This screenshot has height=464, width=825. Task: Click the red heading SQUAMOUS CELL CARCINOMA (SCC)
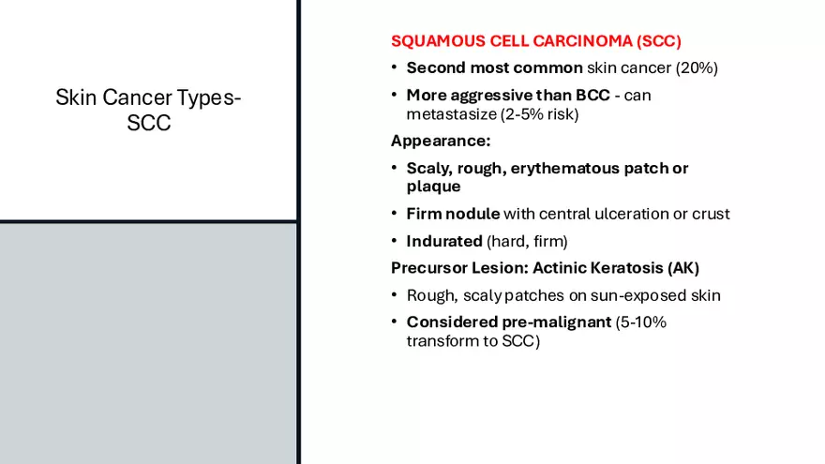[x=535, y=41]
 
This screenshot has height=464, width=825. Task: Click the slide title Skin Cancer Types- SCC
[x=148, y=110]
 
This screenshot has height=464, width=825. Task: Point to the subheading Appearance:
[x=440, y=142]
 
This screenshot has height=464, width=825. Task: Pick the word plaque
[x=433, y=187]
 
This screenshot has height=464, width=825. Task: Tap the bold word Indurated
[x=444, y=241]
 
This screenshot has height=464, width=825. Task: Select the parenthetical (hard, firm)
[x=527, y=241]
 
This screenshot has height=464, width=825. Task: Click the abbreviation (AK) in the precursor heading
[x=683, y=268]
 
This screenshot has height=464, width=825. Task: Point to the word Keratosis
[x=628, y=268]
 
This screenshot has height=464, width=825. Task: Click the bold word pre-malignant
[x=541, y=322]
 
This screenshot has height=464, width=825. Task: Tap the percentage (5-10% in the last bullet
[x=640, y=322]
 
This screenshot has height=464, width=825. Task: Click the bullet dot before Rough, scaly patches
[x=396, y=296]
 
